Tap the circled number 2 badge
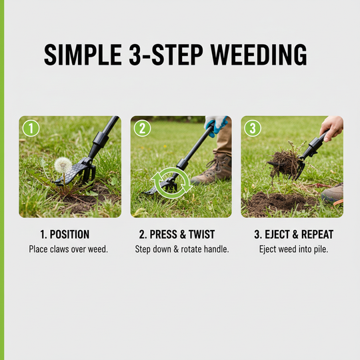coord(143,128)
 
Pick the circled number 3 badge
coord(253,128)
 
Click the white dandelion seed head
coord(63,164)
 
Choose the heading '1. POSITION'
coord(64,235)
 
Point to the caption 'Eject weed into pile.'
coord(291,249)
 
